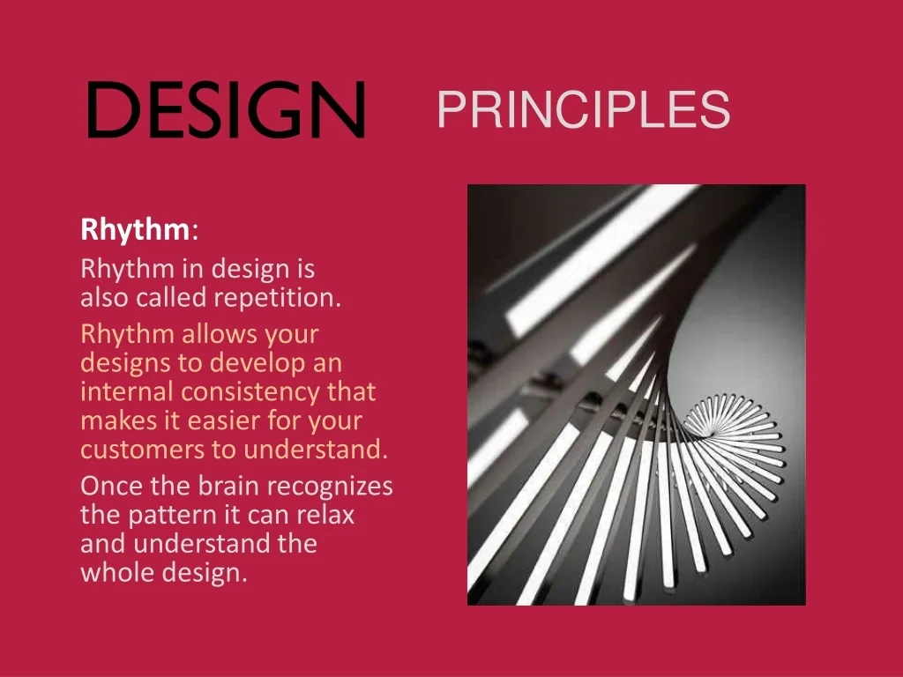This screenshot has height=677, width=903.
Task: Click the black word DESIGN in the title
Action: pos(226,108)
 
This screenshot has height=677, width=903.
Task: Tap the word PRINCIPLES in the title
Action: pos(584,109)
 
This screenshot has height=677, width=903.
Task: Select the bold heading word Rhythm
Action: pos(135,230)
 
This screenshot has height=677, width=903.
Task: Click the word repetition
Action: pos(277,298)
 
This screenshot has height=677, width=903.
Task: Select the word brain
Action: pos(228,486)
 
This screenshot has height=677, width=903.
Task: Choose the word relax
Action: pos(325,515)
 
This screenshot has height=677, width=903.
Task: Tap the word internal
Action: pos(127,392)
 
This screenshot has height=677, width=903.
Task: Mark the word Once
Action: pos(112,486)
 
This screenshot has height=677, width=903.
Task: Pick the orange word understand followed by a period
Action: pos(316,450)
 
